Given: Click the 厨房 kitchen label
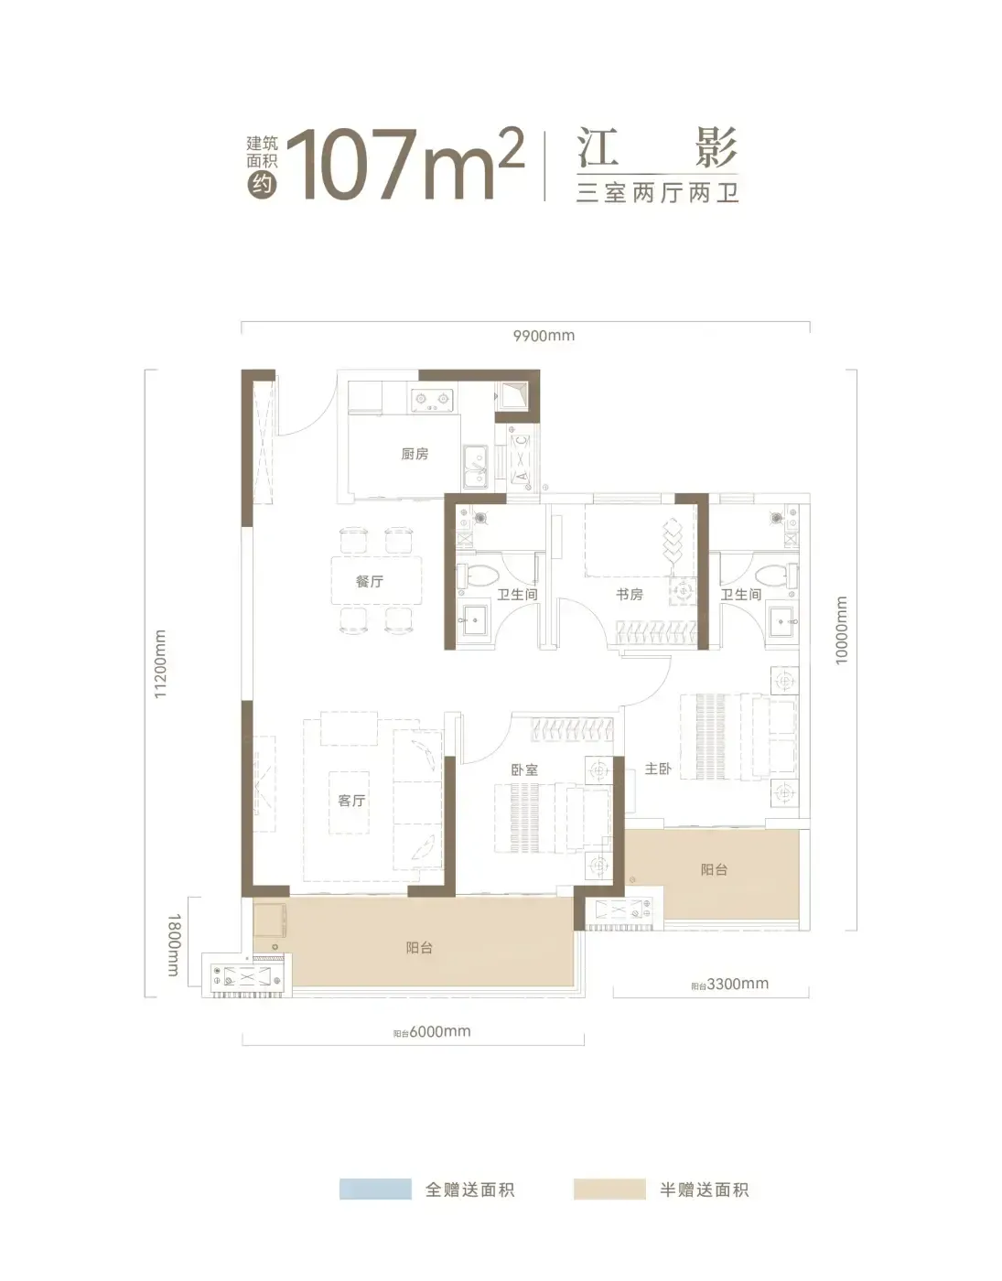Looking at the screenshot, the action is click(415, 453).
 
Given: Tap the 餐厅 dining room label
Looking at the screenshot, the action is click(370, 581).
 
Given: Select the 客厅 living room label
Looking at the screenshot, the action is click(351, 800).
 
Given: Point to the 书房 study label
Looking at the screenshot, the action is click(630, 594).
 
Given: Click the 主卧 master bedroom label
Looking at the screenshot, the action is click(658, 768).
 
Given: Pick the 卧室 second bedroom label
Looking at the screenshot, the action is click(524, 770).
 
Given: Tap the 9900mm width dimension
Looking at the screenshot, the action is click(544, 336).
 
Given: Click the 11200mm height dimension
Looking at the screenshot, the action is click(160, 663).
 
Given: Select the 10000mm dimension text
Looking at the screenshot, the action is click(841, 630).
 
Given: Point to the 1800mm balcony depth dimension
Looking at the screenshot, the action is click(173, 945).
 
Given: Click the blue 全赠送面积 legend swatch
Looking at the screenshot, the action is click(375, 1189).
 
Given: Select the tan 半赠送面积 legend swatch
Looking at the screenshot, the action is click(609, 1189).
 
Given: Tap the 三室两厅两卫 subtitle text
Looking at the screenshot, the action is click(657, 193).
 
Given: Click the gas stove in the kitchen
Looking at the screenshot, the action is click(431, 399).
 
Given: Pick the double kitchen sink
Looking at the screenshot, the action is click(475, 467).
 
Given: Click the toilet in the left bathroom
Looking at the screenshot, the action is click(475, 575).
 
